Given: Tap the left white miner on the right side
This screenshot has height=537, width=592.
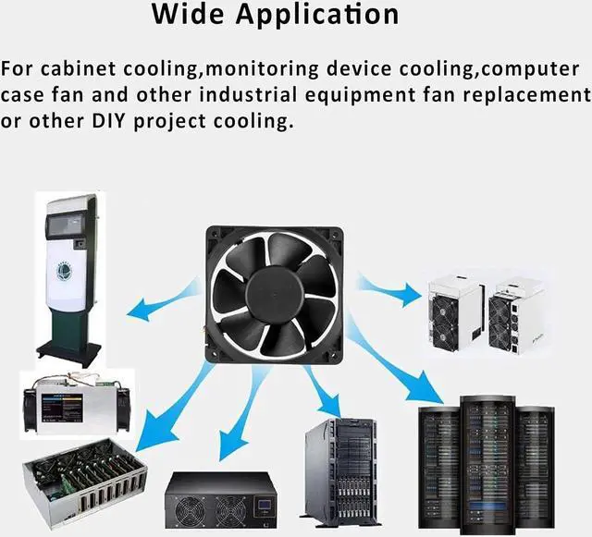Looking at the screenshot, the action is click(456, 313).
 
